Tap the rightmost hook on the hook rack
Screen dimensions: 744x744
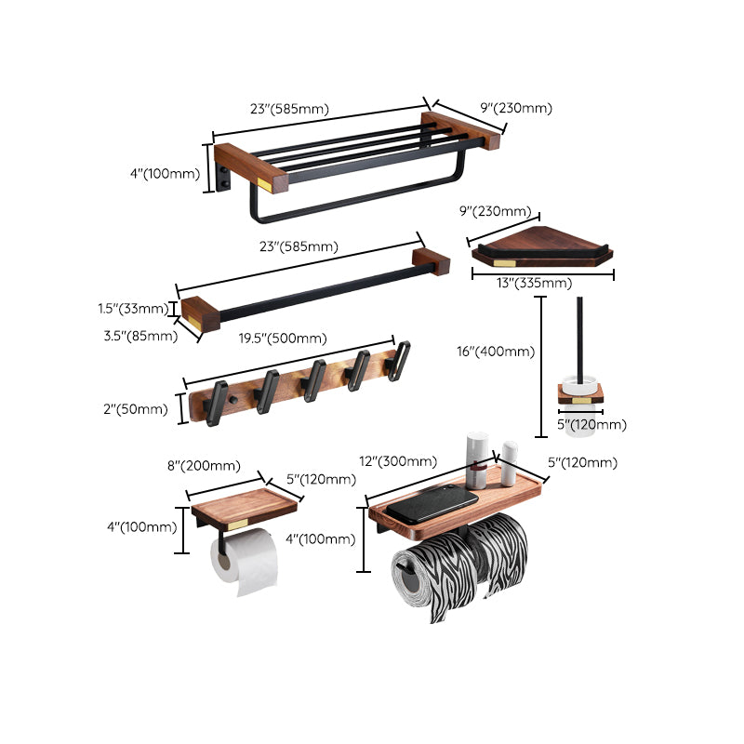coord(401,356)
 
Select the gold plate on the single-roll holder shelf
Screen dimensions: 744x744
coord(238,525)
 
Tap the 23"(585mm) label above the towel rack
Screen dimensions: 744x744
coord(289,109)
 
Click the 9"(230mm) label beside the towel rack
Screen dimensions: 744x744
coord(516,108)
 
